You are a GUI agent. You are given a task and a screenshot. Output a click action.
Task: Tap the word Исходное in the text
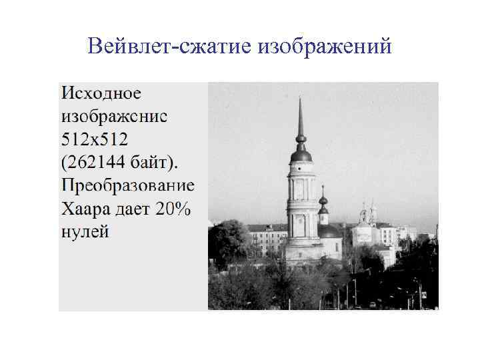point(101,93)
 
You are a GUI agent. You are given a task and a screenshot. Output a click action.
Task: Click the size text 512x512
point(94,139)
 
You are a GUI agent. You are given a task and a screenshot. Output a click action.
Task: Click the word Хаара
point(84,209)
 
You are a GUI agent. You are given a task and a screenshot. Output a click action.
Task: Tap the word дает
point(131,209)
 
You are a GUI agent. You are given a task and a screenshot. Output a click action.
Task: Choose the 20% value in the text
point(174,209)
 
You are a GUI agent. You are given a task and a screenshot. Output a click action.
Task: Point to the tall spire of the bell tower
point(301,120)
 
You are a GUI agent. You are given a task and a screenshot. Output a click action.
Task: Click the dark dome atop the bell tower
point(301,155)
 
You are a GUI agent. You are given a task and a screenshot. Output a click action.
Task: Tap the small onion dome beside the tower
point(323,199)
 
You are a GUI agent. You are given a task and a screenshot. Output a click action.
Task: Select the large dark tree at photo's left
point(227,243)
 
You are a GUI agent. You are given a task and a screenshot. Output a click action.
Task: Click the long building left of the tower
point(267,237)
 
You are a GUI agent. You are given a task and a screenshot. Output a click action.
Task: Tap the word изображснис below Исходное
point(114,116)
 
